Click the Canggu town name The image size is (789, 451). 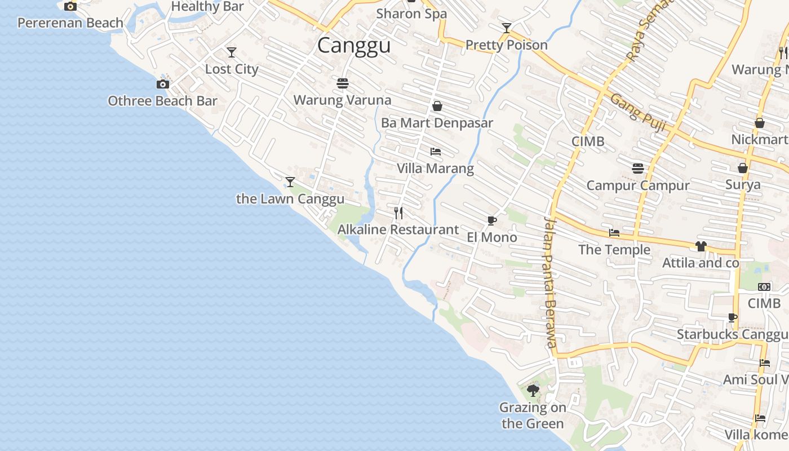(354, 45)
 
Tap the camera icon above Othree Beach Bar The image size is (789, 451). (163, 84)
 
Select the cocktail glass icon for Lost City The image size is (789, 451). (232, 52)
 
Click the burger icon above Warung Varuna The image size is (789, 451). (343, 83)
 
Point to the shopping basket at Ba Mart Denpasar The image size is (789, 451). (437, 106)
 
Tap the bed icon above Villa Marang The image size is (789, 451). (435, 152)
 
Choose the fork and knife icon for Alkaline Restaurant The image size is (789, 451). (398, 213)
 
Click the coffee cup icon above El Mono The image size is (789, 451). (492, 220)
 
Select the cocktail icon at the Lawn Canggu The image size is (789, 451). (290, 182)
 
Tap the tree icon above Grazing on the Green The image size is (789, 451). (533, 390)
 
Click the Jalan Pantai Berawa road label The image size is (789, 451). (551, 282)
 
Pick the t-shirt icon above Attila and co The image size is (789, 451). (701, 246)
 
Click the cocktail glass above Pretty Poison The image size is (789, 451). (507, 28)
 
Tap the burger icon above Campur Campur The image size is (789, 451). (638, 169)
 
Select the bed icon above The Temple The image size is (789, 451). (614, 233)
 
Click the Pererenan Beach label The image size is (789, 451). (70, 23)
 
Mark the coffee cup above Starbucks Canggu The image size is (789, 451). (733, 318)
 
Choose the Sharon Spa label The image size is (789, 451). (411, 14)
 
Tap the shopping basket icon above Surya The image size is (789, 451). (743, 168)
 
